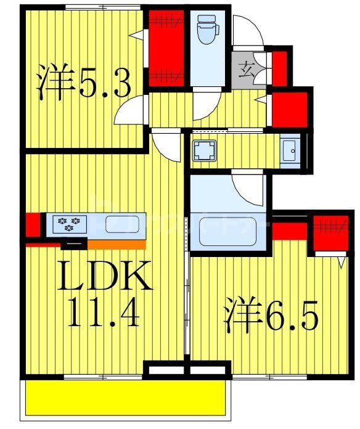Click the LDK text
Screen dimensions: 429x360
click(104, 277)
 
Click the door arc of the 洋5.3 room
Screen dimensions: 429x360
click(131, 111)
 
